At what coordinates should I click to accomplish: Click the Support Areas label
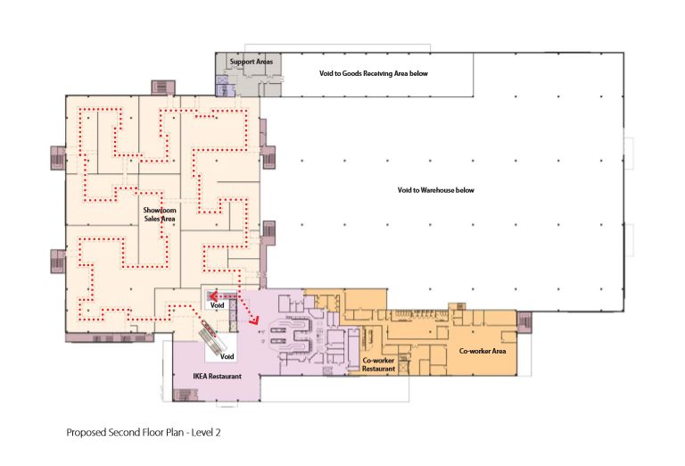[x=252, y=62]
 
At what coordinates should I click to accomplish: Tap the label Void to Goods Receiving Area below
[x=374, y=73]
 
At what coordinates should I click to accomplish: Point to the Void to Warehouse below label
[x=435, y=190]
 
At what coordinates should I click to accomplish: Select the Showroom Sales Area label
[x=160, y=214]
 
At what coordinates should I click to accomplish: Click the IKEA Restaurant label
[x=217, y=376]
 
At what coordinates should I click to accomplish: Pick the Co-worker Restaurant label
[x=378, y=364]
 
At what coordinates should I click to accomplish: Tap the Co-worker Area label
[x=483, y=351]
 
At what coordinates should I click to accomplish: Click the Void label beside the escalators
[x=227, y=356]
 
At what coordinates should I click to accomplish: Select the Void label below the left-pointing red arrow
[x=217, y=305]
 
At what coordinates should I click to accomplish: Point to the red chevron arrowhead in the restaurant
[x=254, y=320]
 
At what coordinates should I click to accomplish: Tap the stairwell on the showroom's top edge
[x=163, y=87]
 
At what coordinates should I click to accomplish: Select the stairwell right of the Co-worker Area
[x=524, y=322]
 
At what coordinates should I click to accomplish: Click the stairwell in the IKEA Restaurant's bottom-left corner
[x=183, y=395]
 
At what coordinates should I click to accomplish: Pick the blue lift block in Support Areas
[x=222, y=86]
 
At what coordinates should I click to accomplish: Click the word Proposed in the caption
[x=86, y=433]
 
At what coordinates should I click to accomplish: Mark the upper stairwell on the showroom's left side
[x=58, y=157]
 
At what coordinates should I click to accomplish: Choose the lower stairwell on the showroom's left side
[x=58, y=262]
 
